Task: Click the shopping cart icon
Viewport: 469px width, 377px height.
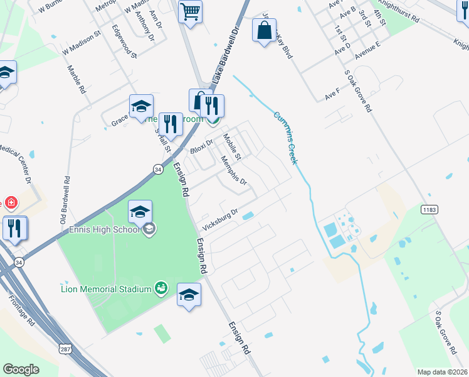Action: pos(190,11)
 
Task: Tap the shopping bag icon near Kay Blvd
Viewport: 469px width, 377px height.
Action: pos(265,30)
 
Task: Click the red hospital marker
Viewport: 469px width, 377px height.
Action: pos(10,202)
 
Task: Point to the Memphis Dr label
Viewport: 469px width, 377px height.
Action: pos(234,170)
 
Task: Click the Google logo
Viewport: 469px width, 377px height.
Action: pos(21,369)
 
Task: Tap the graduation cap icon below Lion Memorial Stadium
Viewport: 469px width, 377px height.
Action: pos(189,294)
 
